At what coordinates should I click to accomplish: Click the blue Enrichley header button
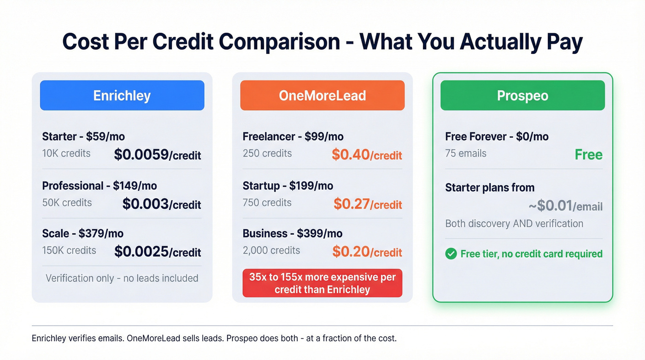[122, 95]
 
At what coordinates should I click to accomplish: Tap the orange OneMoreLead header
[322, 95]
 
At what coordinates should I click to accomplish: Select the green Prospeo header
[522, 95]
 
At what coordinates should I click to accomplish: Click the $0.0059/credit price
[158, 155]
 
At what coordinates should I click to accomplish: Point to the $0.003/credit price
[162, 204]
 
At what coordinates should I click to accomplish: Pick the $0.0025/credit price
[158, 252]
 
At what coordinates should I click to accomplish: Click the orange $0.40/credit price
[367, 155]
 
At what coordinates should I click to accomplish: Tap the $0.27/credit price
[368, 204]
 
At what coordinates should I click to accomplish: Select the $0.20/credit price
[367, 252]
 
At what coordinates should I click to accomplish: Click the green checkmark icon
[451, 254]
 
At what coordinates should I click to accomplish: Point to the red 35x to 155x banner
[322, 283]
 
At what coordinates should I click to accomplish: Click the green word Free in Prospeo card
[588, 154]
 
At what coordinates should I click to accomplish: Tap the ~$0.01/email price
[565, 206]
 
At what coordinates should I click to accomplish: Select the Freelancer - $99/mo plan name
[293, 136]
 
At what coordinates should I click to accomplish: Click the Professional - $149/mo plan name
[100, 186]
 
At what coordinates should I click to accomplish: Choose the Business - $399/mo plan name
[293, 233]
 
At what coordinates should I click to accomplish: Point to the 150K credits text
[69, 250]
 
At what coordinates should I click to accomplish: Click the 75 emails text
[466, 153]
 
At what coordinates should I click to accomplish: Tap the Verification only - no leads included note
[122, 278]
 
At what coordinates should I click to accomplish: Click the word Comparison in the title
[279, 41]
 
